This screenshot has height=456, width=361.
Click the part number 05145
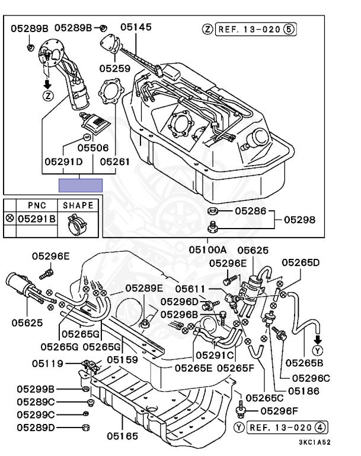(x=136, y=27)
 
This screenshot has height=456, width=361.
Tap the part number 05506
(x=92, y=147)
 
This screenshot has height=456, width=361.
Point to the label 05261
(x=114, y=161)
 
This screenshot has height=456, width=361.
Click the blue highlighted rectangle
(x=81, y=185)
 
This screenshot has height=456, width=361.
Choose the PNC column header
(x=37, y=205)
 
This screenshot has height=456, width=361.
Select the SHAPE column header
(x=78, y=205)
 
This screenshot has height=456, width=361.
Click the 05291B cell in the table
(x=37, y=219)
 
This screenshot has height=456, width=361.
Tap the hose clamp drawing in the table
(x=77, y=223)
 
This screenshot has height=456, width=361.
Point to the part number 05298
(x=300, y=219)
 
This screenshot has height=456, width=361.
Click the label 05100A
(x=209, y=249)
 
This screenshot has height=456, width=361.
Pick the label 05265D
(x=300, y=262)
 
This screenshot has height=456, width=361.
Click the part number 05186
(x=304, y=391)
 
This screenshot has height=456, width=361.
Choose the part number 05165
(x=123, y=436)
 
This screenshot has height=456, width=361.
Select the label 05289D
(x=36, y=427)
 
